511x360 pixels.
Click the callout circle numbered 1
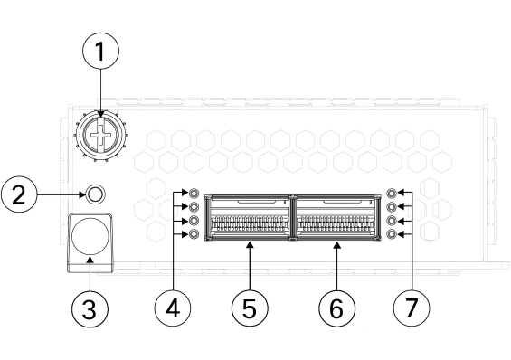(x=100, y=51)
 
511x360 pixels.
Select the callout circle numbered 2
(x=19, y=194)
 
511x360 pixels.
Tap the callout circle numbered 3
(x=90, y=308)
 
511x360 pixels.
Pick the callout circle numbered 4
(x=173, y=308)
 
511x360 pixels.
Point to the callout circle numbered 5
(x=250, y=308)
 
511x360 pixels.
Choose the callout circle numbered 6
(x=336, y=308)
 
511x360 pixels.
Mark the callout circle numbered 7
(x=412, y=308)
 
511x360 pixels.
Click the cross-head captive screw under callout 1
(x=101, y=136)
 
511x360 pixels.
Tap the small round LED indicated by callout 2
(x=96, y=194)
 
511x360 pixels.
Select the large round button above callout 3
(x=90, y=237)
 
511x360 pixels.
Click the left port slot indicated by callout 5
(x=249, y=218)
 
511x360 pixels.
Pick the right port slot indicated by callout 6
(x=337, y=218)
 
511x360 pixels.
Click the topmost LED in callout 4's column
(x=194, y=193)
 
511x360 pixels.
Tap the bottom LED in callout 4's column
(x=194, y=234)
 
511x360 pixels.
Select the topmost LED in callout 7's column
(x=392, y=193)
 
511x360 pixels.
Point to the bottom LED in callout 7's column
(x=392, y=234)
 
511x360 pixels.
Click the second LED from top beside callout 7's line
(x=392, y=206)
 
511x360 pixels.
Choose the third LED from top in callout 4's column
(x=194, y=221)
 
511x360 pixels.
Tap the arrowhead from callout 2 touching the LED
(x=82, y=194)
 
